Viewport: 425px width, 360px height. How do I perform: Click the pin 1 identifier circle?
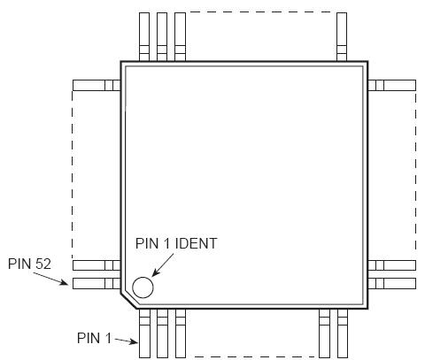coord(142,287)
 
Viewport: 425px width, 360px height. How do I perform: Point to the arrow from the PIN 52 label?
coord(54,277)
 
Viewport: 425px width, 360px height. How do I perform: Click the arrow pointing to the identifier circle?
coord(158,265)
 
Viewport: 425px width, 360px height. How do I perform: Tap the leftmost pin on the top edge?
coord(145,36)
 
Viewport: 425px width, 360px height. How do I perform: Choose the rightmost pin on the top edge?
coord(342,36)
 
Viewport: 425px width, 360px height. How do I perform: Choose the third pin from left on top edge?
coord(180,36)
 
